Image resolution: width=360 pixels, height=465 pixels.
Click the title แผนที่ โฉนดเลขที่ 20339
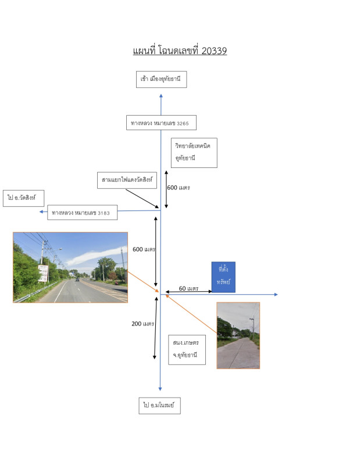tap(180, 51)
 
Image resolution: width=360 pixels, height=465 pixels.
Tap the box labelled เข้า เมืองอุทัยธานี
tap(161, 78)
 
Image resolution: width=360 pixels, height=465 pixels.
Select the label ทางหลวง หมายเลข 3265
tap(161, 123)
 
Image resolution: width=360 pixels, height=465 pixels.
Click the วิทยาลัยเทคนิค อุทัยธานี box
tap(194, 152)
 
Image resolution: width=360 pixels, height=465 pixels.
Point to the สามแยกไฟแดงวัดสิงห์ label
tap(127, 180)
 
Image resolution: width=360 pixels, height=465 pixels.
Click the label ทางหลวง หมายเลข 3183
tap(83, 213)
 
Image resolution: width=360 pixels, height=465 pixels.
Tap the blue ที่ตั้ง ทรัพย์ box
tap(223, 276)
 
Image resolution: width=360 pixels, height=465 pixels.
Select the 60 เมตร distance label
tap(189, 288)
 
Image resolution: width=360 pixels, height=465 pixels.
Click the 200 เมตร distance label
tap(142, 324)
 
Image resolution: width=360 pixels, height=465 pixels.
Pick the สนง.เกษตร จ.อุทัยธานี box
tap(186, 349)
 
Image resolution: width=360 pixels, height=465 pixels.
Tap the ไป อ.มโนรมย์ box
tap(159, 405)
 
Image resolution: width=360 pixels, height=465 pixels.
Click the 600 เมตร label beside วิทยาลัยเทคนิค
tap(179, 188)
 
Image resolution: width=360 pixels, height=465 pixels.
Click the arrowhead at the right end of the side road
tap(276, 295)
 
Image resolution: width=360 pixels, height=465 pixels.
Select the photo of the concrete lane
tap(238, 335)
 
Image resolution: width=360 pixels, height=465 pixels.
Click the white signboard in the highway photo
tap(42, 273)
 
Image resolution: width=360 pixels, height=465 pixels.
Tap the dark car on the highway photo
tap(77, 279)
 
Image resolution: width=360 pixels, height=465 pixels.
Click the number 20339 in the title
tap(214, 51)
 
